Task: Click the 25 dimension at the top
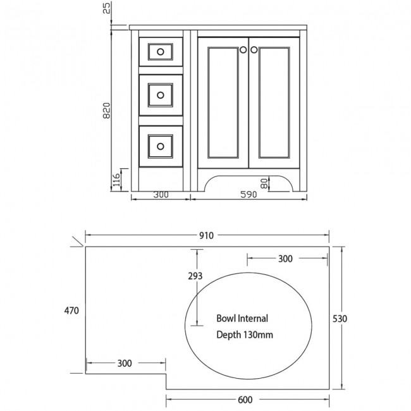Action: (107, 8)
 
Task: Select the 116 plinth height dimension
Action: (116, 181)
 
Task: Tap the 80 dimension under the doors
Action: (265, 183)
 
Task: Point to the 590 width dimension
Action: (248, 195)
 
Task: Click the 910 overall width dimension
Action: (206, 236)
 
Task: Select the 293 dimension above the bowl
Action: (195, 276)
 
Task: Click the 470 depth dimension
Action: (71, 310)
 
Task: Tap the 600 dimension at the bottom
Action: (245, 399)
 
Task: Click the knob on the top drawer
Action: (161, 51)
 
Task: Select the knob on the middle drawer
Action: (161, 95)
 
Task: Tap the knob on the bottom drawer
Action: (161, 147)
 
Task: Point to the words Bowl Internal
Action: (242, 319)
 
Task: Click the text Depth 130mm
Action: (245, 334)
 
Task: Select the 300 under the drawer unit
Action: (161, 195)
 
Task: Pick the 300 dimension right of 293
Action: (285, 259)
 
